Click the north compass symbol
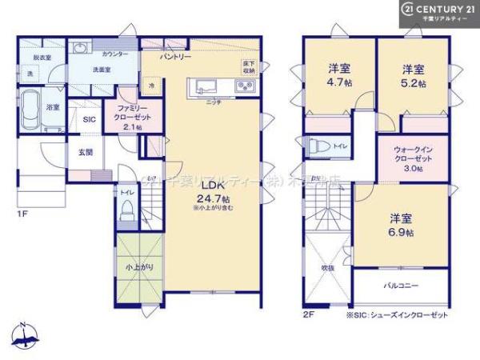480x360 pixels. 23,337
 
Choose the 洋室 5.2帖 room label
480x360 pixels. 413,74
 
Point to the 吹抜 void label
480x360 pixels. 327,267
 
